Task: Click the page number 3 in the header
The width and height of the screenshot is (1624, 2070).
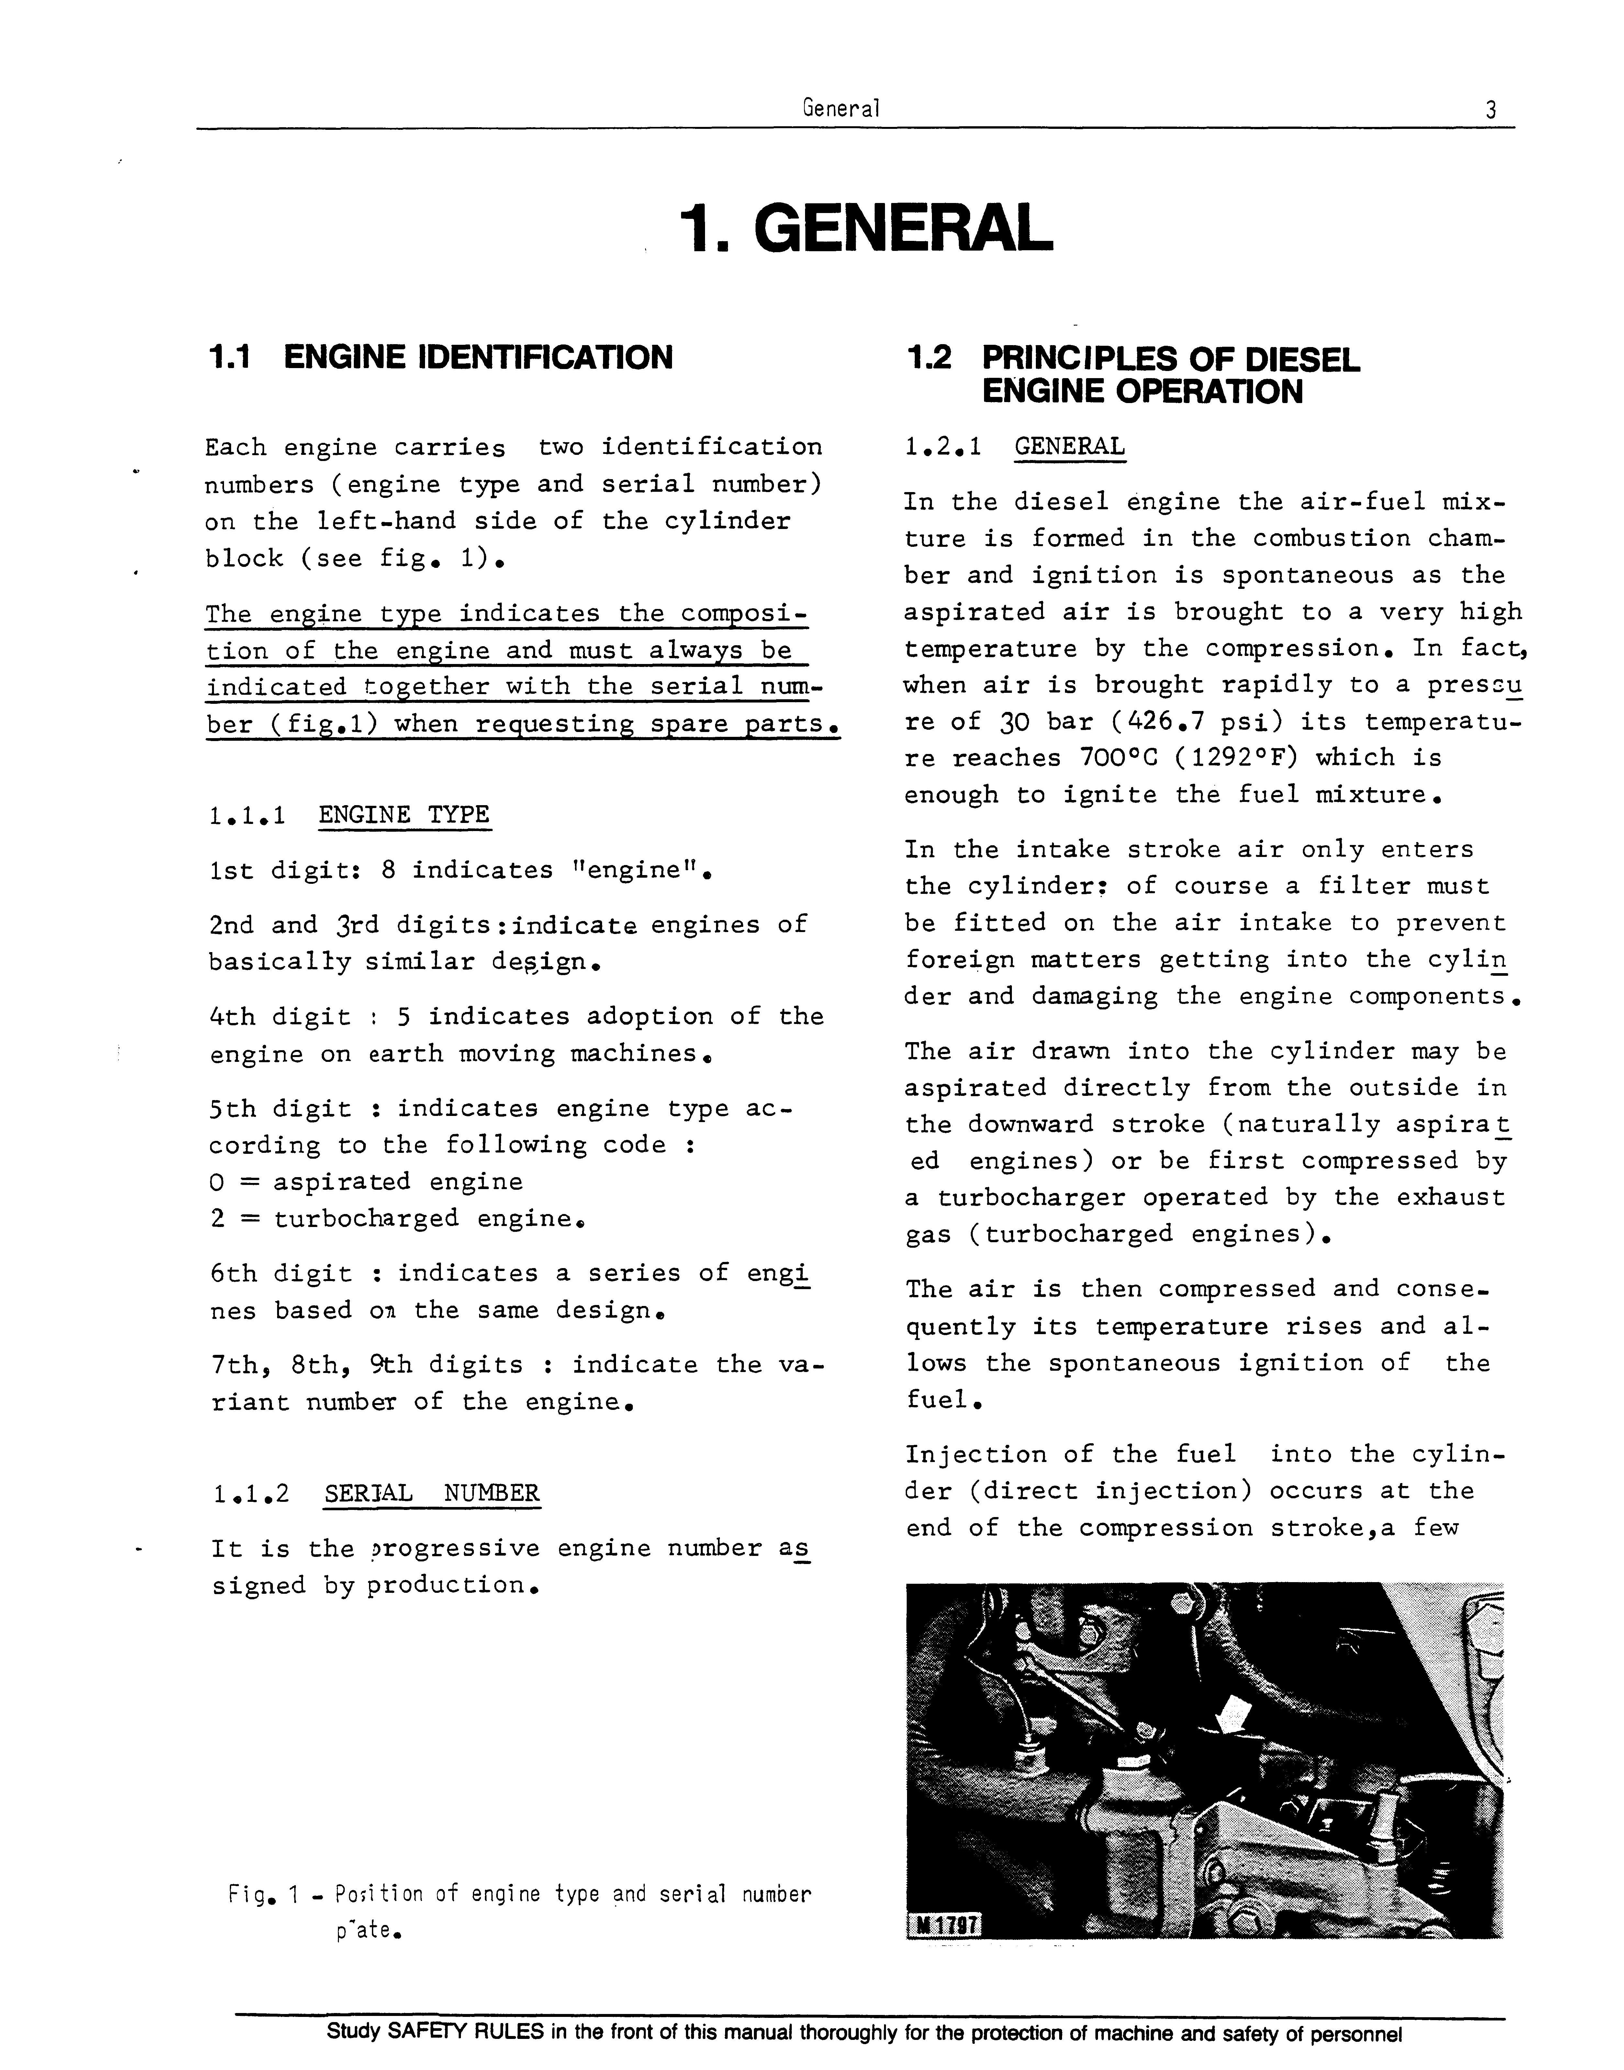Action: (1490, 110)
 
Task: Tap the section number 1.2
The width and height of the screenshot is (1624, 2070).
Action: (929, 358)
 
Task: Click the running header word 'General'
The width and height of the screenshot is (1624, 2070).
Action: (841, 108)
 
